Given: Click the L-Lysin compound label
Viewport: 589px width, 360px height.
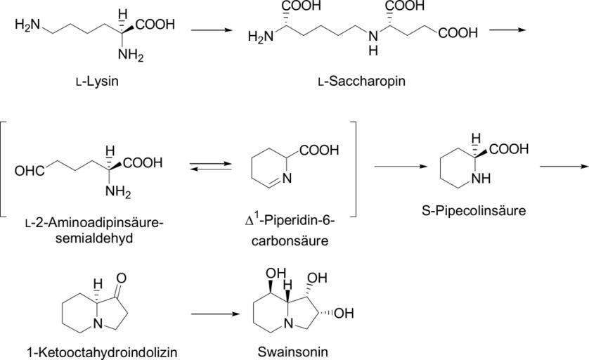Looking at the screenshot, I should coord(99,82).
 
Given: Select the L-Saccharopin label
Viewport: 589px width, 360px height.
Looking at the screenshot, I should coord(361,82).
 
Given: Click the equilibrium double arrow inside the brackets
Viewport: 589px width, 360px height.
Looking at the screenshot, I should coord(210,166).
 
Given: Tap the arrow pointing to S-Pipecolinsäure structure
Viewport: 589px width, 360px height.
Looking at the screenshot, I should coord(401,167).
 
